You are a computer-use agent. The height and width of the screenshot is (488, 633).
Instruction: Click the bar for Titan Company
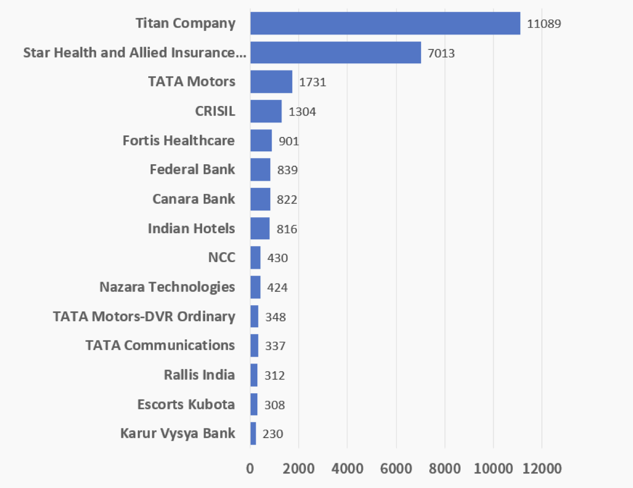(385, 23)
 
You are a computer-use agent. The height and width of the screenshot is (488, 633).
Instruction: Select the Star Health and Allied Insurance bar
(336, 53)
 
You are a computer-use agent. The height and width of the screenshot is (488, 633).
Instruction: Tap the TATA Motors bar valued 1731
(271, 82)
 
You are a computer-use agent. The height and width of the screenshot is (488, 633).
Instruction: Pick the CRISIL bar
(266, 111)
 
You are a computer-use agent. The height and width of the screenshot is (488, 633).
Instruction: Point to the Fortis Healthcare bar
(261, 141)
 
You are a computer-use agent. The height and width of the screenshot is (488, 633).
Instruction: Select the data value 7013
(441, 53)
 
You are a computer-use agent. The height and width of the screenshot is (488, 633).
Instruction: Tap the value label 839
(287, 170)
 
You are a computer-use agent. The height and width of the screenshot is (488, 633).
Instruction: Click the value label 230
(273, 433)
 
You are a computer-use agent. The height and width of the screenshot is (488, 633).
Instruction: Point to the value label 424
(277, 287)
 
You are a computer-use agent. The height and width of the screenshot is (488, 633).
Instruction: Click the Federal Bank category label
(192, 169)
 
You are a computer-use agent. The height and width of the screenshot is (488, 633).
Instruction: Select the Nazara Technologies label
(167, 287)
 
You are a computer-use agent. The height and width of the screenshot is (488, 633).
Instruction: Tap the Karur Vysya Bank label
(178, 433)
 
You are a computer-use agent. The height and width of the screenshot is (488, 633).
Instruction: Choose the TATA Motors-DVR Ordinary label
(144, 316)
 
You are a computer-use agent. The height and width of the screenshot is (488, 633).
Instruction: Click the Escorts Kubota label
(186, 404)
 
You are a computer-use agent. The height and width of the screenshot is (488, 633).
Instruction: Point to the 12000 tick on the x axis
(541, 469)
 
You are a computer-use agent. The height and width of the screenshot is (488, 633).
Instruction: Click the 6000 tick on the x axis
(396, 469)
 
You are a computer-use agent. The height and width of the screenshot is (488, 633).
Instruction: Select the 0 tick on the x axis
(250, 469)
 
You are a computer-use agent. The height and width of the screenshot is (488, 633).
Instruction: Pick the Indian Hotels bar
(260, 228)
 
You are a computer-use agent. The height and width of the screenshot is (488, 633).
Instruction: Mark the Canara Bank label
(194, 199)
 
